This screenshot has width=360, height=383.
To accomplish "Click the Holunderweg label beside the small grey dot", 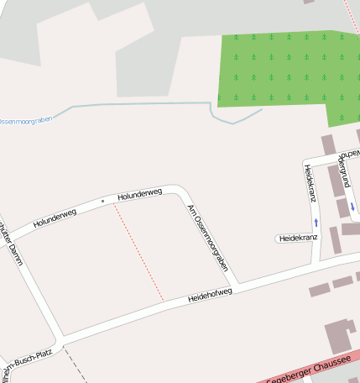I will (x=139, y=195).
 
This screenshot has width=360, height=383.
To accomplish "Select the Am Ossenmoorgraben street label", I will (x=208, y=238).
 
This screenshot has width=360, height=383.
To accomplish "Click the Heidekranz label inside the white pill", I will (x=298, y=239).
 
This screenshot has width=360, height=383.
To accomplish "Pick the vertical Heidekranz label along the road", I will (x=309, y=182).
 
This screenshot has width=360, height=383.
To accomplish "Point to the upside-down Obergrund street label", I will (x=342, y=169).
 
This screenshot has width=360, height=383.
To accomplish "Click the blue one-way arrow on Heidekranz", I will (x=316, y=223).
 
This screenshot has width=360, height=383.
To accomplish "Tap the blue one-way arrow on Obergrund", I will (x=352, y=207).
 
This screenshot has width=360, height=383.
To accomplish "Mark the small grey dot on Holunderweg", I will (x=103, y=201).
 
